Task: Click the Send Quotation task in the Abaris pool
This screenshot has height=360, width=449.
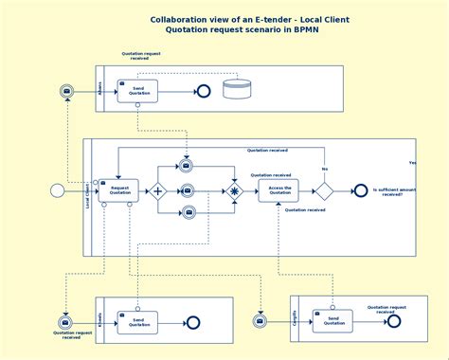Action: [x=137, y=91]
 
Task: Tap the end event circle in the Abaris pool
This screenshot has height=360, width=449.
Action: [x=202, y=91]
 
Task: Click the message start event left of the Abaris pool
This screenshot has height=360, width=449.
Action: [x=66, y=91]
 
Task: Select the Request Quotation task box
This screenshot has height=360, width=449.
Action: [x=119, y=190]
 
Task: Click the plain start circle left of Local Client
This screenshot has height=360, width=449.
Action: [x=57, y=190]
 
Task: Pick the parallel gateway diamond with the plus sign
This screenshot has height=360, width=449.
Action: [x=157, y=190]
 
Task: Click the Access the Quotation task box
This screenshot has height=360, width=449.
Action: [x=278, y=190]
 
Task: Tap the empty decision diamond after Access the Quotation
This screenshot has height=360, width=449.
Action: [x=324, y=190]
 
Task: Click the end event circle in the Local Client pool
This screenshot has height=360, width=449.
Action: [x=360, y=190]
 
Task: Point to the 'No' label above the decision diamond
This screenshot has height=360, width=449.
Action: [x=324, y=169]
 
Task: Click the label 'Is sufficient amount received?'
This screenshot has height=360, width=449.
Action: [x=394, y=191]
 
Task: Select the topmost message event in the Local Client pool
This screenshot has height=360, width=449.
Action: [x=187, y=166]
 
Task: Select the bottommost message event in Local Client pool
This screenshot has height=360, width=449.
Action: [x=189, y=212]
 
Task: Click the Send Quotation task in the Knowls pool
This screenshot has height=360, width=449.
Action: [x=137, y=322]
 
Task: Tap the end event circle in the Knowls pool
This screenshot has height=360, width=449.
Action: [x=193, y=322]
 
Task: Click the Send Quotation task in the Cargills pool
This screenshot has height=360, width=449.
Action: [x=332, y=320]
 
